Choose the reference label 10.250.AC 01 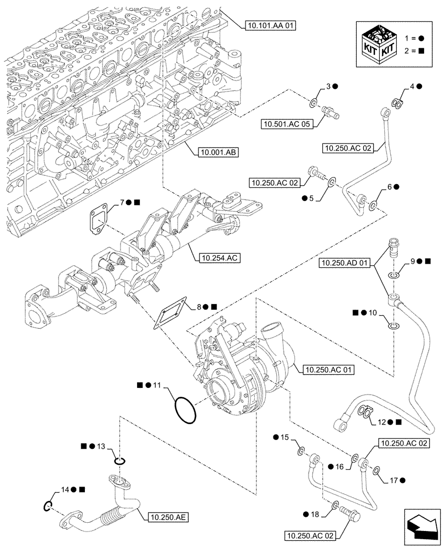tap(327, 370)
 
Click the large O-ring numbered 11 tap(184, 409)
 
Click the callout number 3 tap(327, 86)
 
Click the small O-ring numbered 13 tap(120, 461)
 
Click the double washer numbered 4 tap(398, 102)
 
